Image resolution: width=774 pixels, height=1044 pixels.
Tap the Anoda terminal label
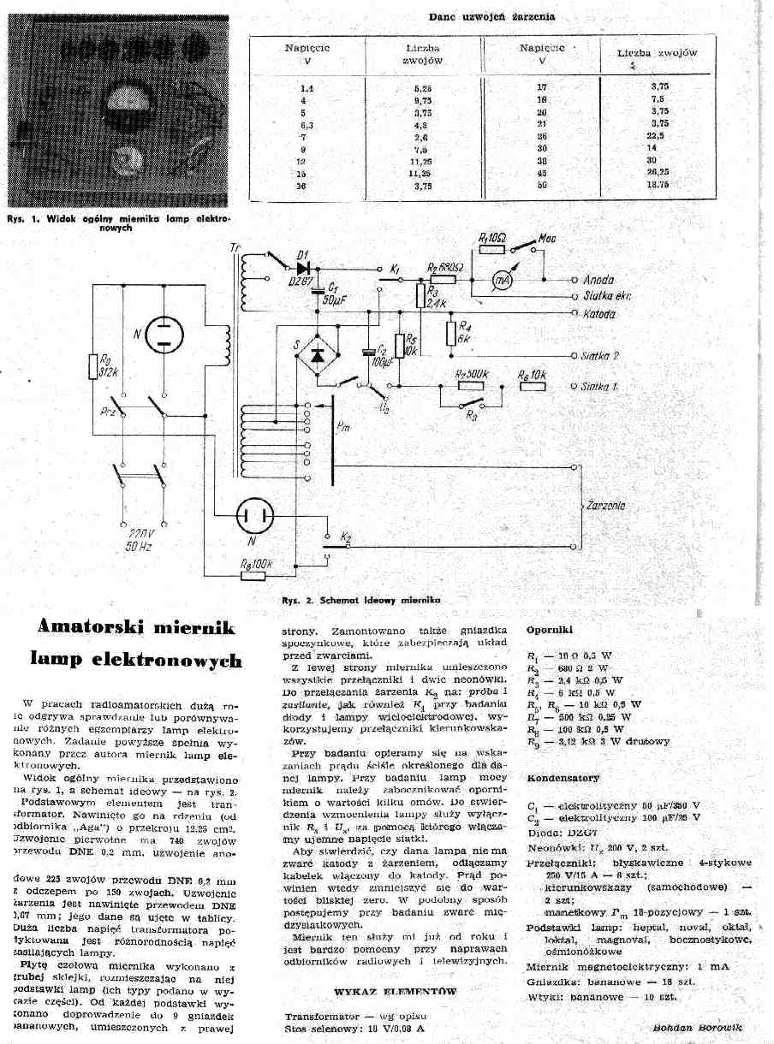click(598, 280)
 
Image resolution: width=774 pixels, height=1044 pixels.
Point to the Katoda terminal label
click(599, 314)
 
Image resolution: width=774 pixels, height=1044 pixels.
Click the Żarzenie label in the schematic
click(606, 506)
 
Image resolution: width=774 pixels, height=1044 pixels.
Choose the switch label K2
click(346, 537)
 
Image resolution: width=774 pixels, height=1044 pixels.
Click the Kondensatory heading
click(563, 778)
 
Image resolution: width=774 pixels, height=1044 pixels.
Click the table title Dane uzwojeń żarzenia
click(491, 16)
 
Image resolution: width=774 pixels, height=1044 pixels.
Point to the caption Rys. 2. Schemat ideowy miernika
click(360, 601)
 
